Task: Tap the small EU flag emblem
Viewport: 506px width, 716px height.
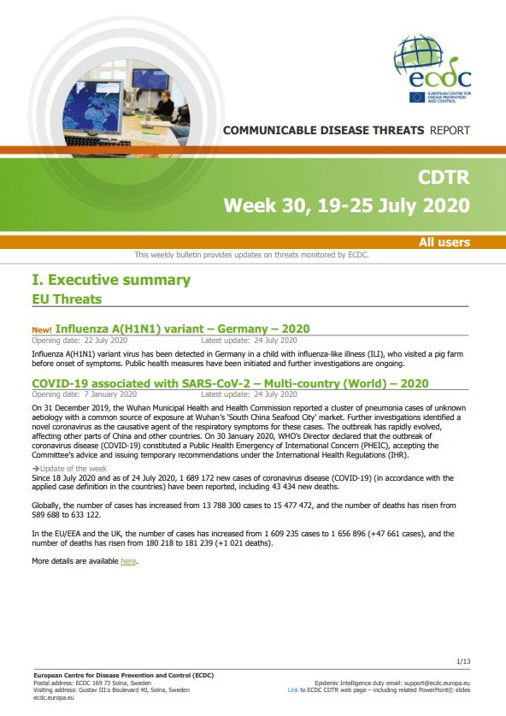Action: tap(417, 98)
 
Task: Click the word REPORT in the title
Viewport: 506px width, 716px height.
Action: tap(450, 131)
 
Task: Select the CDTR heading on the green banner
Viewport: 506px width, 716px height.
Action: tap(444, 177)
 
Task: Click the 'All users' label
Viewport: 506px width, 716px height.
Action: tap(444, 242)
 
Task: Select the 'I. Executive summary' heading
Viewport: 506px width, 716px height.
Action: tap(111, 280)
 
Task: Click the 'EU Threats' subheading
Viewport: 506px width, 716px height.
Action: tap(67, 299)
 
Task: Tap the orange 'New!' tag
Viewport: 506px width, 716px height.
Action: tap(42, 329)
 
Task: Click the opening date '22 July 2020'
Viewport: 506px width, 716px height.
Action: tap(106, 340)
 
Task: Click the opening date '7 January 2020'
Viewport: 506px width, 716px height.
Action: tap(110, 394)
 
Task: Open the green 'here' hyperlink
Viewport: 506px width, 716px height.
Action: tap(128, 561)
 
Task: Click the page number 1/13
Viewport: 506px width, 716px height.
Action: tap(463, 661)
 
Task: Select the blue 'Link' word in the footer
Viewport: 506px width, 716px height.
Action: tap(293, 690)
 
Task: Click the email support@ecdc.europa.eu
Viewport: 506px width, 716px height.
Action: tap(437, 683)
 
